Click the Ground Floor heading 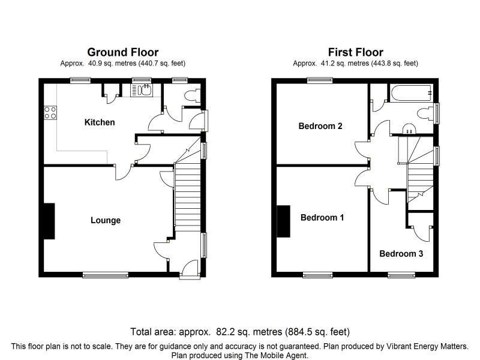(122, 52)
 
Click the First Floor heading (355, 52)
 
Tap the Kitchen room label (100, 122)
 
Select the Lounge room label (106, 220)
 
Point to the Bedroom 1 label (322, 217)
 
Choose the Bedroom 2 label (320, 126)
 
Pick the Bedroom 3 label (401, 254)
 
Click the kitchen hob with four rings (50, 112)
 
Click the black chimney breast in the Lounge (49, 221)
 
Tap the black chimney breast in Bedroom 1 (283, 221)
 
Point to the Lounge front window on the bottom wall (106, 275)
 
